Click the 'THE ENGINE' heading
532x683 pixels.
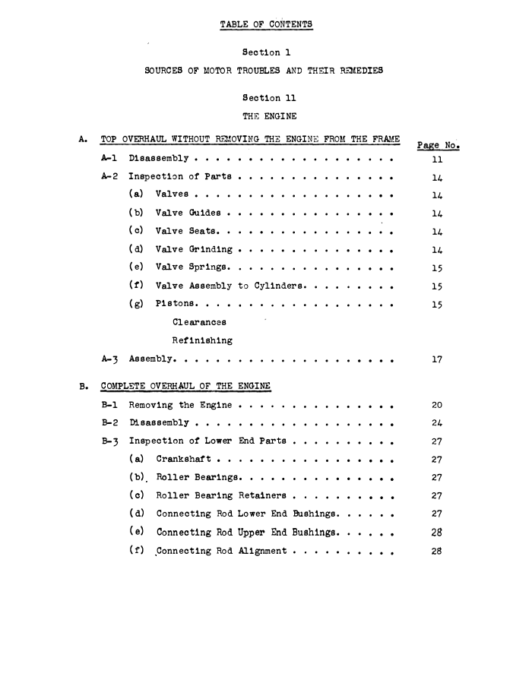pos(268,116)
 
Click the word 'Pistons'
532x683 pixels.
pos(174,303)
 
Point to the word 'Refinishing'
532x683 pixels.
pos(202,340)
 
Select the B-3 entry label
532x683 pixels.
pos(111,441)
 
